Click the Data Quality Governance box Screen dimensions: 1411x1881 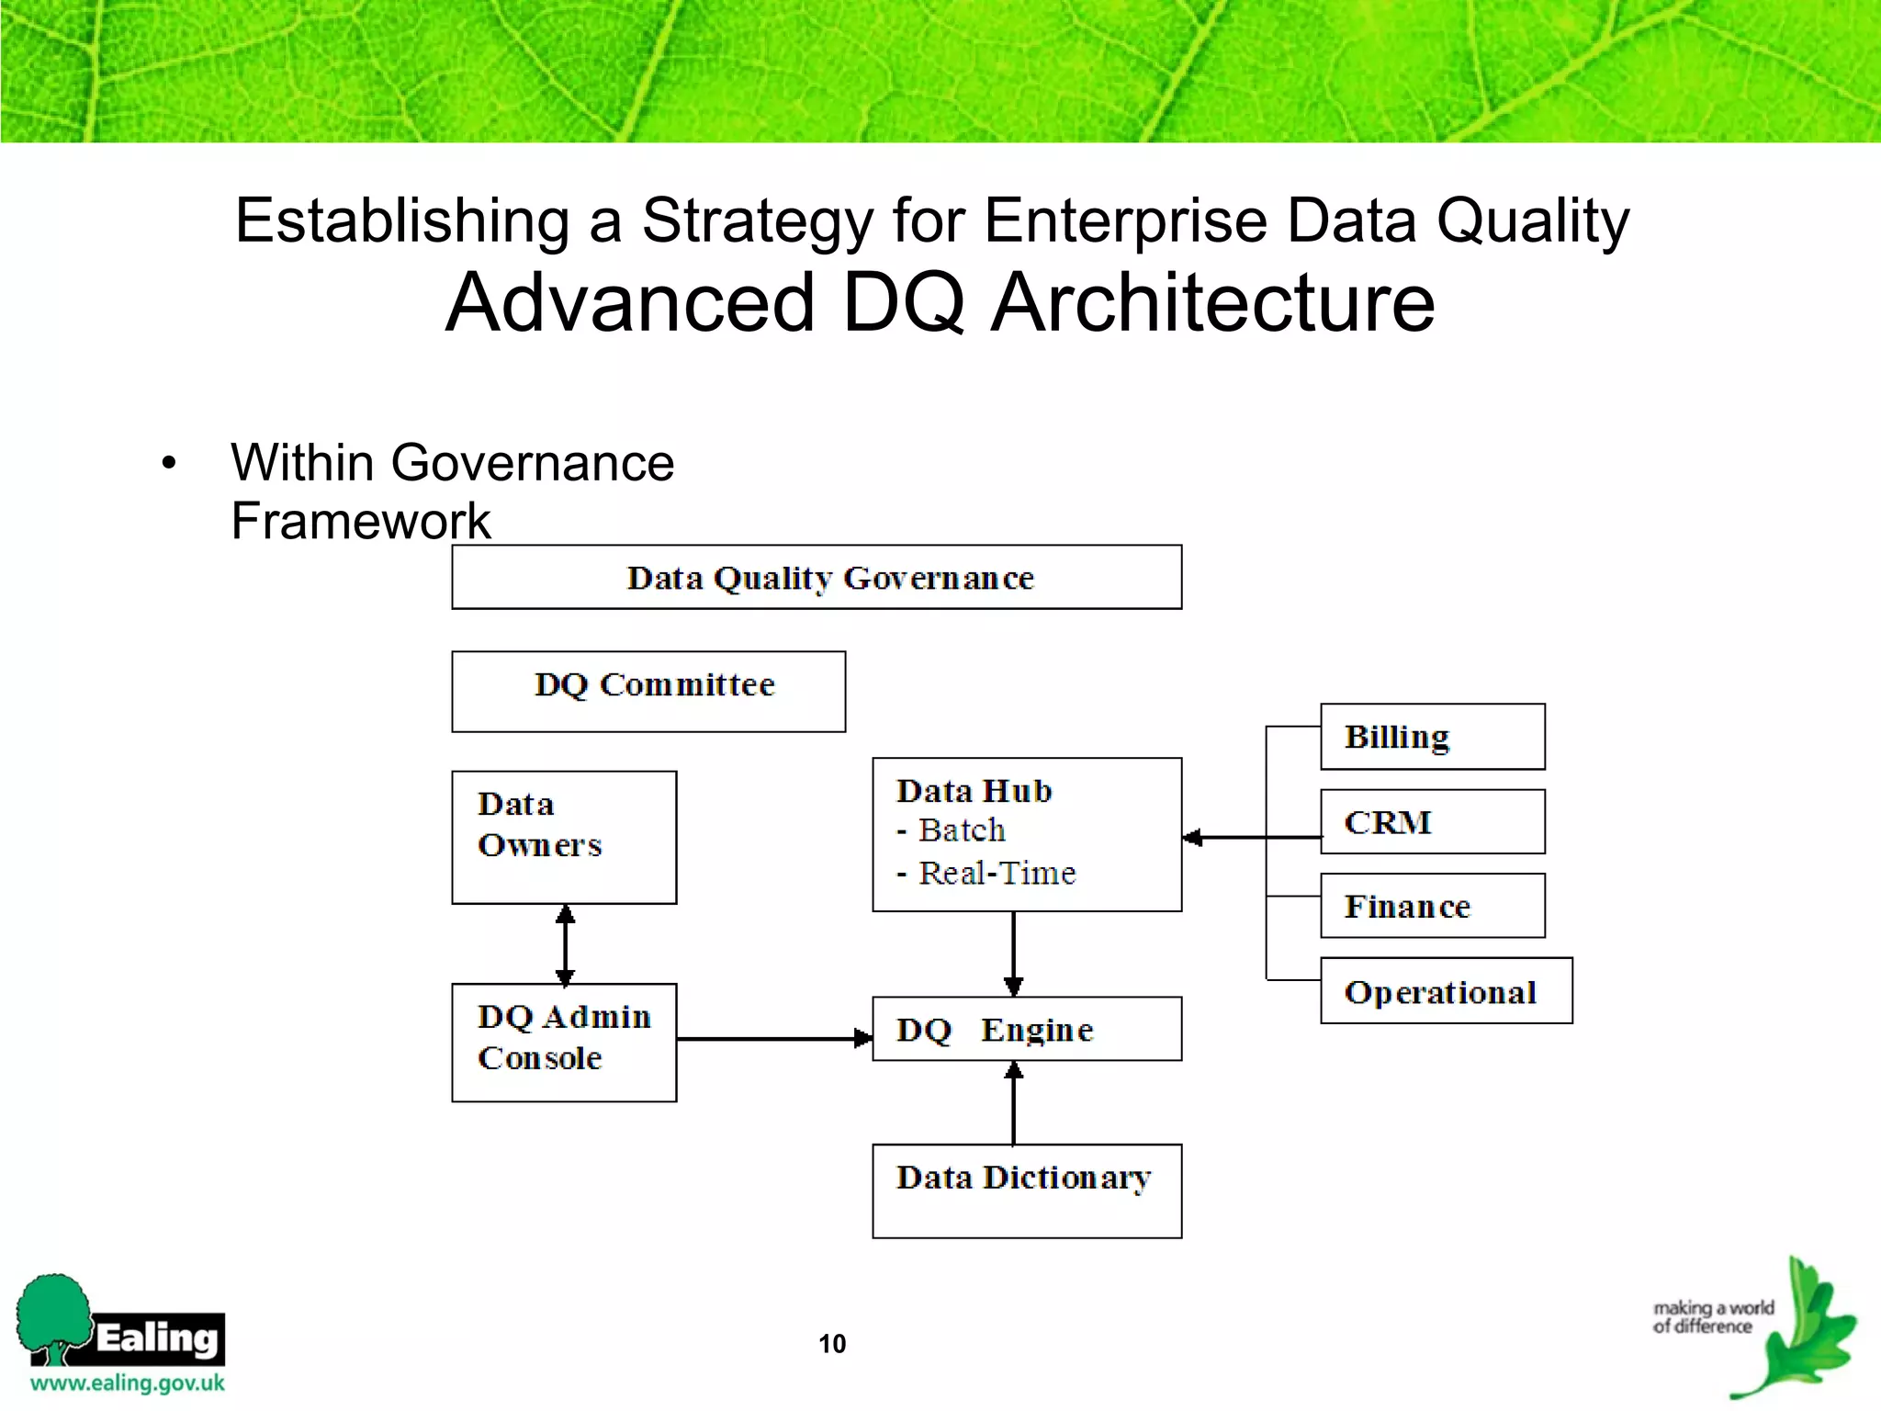click(817, 577)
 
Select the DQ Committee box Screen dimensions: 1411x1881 click(648, 691)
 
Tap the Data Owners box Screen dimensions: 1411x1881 click(564, 837)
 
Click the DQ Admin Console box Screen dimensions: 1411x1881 click(564, 1042)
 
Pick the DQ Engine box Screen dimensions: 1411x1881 click(1027, 1029)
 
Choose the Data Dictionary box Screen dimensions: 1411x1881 click(1027, 1191)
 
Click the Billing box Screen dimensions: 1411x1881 click(1432, 737)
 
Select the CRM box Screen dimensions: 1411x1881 click(1432, 821)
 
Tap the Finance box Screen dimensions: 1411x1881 click(1432, 906)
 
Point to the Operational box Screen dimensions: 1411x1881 click(1446, 990)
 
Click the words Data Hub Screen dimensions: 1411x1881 click(974, 791)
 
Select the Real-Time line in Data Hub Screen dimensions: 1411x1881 click(997, 873)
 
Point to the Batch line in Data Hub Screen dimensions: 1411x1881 click(962, 830)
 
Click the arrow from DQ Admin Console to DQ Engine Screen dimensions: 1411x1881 click(772, 1039)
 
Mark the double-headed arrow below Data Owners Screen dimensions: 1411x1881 click(566, 944)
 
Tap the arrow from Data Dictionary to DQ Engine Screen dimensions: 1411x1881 click(1013, 1102)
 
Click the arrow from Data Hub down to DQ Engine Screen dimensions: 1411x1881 click(1013, 954)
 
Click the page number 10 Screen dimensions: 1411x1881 click(832, 1344)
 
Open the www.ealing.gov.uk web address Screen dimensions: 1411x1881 click(128, 1383)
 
